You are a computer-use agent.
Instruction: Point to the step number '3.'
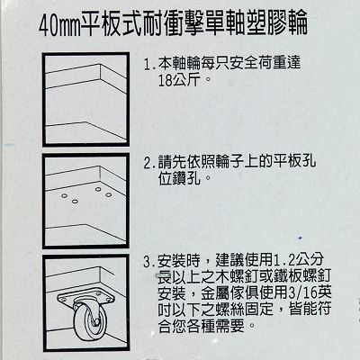149,262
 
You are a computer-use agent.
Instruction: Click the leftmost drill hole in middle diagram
64,195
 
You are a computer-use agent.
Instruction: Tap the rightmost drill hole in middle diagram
108,194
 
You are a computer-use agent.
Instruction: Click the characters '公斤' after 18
186,80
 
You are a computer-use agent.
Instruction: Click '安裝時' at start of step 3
179,261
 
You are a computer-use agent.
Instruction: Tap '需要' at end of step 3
230,326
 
